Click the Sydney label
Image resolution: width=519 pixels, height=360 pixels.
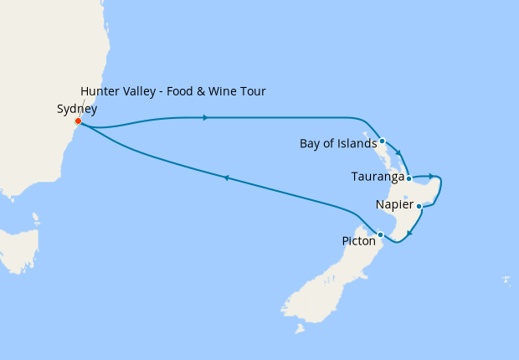click(x=77, y=109)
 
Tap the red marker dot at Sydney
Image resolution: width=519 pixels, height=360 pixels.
click(x=78, y=121)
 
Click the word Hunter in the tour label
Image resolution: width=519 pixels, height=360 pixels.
click(x=99, y=91)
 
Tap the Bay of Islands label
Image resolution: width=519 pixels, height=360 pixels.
click(x=338, y=143)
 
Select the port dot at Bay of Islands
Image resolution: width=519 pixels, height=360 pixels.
click(x=382, y=141)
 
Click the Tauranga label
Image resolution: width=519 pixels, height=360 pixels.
click(x=377, y=177)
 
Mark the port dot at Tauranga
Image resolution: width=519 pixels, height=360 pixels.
click(x=409, y=177)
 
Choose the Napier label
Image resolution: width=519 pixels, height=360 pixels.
click(x=394, y=205)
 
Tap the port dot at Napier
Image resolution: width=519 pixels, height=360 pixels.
click(x=419, y=205)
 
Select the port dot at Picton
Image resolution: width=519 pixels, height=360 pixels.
click(x=381, y=234)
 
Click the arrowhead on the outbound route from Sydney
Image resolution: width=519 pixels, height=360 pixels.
click(x=205, y=117)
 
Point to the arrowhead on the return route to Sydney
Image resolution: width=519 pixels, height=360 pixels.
click(x=225, y=177)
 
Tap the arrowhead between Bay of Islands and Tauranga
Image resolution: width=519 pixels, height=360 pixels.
click(x=398, y=153)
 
